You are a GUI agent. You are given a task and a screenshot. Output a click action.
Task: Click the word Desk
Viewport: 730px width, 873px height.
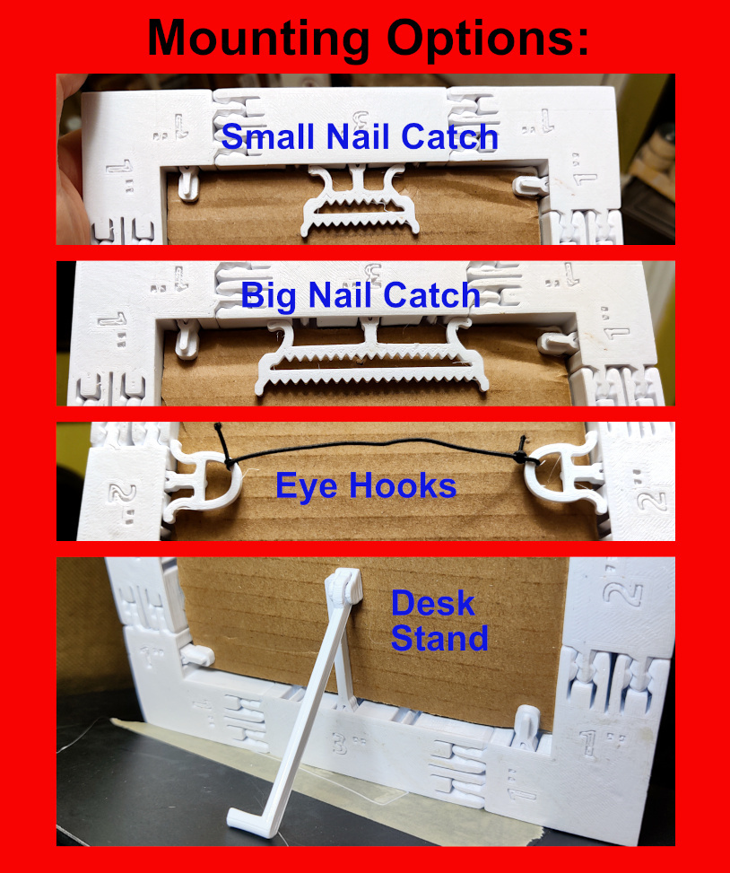(x=432, y=604)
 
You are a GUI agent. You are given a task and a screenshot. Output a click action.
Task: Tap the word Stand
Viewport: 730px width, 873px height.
(x=439, y=638)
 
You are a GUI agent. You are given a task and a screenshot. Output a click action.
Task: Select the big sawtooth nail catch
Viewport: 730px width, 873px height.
(x=372, y=363)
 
